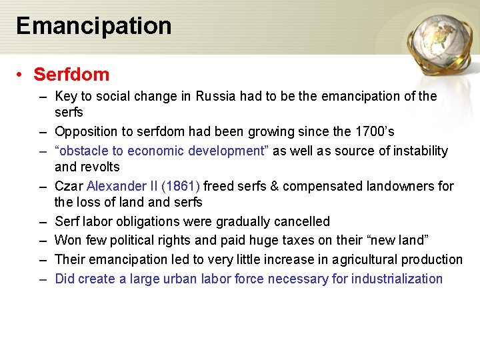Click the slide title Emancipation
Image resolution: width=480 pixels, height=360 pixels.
pyautogui.click(x=94, y=26)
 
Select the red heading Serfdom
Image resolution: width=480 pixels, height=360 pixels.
pyautogui.click(x=71, y=74)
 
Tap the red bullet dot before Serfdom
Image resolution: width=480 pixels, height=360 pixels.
pyautogui.click(x=22, y=74)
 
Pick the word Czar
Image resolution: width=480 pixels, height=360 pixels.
pyautogui.click(x=69, y=186)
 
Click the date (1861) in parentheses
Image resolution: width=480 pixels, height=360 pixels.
pyautogui.click(x=181, y=186)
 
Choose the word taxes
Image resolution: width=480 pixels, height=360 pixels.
pyautogui.click(x=279, y=241)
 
